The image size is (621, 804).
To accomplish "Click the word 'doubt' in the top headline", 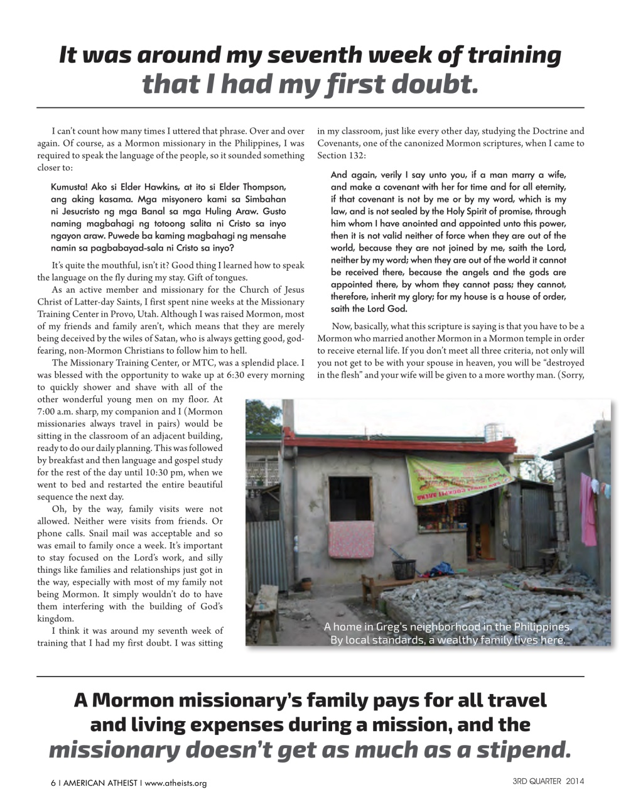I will [433, 84].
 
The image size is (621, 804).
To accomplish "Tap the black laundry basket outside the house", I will [403, 569].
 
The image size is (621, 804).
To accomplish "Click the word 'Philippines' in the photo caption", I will [542, 627].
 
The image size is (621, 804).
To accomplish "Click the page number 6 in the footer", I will [53, 783].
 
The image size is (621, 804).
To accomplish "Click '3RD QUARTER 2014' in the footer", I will [548, 782].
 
